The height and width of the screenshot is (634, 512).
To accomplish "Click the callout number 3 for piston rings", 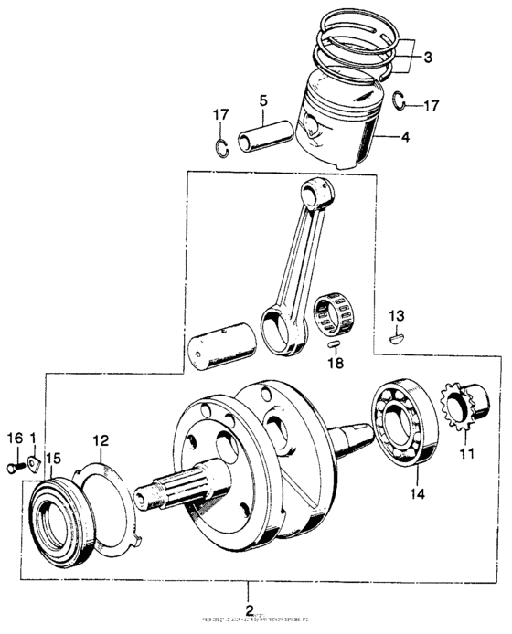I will coord(428,57).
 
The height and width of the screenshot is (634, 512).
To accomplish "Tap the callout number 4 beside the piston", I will coord(405,138).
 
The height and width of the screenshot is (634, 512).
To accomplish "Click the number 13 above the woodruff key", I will coord(395,315).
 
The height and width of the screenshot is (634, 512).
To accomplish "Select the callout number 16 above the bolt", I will coord(14,439).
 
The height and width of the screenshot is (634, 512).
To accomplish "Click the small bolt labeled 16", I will coord(12,467).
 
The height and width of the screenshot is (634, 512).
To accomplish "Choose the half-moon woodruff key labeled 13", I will coord(395,336).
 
